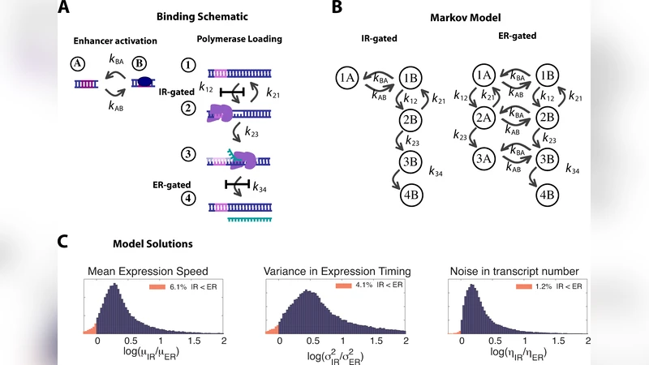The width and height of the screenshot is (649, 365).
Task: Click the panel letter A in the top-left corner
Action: click(64, 10)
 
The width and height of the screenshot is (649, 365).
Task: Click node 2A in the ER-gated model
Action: click(485, 118)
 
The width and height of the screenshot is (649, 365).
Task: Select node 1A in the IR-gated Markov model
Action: click(348, 77)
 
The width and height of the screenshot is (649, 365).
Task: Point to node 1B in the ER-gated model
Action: click(547, 75)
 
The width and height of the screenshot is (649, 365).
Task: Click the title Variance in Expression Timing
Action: click(337, 271)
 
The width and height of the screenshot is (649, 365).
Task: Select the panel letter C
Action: click(64, 242)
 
